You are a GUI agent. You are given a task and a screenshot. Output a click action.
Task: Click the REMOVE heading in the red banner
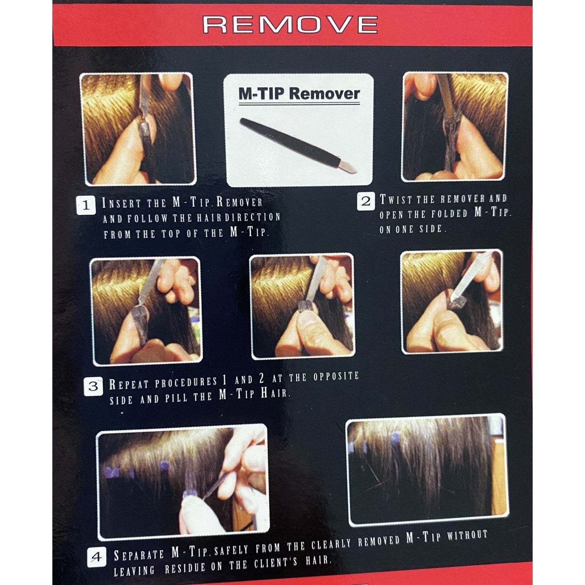(x=290, y=25)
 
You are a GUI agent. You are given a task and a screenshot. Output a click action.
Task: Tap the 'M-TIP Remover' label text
(x=299, y=94)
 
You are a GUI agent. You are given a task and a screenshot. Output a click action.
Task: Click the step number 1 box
(x=86, y=205)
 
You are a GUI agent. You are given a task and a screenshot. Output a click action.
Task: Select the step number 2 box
(x=366, y=201)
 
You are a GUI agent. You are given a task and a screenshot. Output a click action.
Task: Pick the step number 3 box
(x=93, y=386)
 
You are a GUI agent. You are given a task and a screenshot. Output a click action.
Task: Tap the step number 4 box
(x=97, y=557)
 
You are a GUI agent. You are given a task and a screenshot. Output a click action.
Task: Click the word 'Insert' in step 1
(x=121, y=203)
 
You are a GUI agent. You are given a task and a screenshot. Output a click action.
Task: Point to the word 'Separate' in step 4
(x=138, y=555)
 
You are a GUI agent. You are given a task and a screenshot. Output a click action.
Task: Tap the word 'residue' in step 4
(x=185, y=568)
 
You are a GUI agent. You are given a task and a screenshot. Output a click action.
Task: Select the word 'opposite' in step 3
(x=336, y=377)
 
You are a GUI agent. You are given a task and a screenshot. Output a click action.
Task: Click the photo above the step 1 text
(x=138, y=129)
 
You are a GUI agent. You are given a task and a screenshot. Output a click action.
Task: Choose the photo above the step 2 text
(x=455, y=127)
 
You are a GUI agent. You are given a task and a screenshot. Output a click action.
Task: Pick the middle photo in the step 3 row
(x=302, y=306)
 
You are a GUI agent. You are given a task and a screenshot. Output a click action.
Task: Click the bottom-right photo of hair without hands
(x=428, y=470)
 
